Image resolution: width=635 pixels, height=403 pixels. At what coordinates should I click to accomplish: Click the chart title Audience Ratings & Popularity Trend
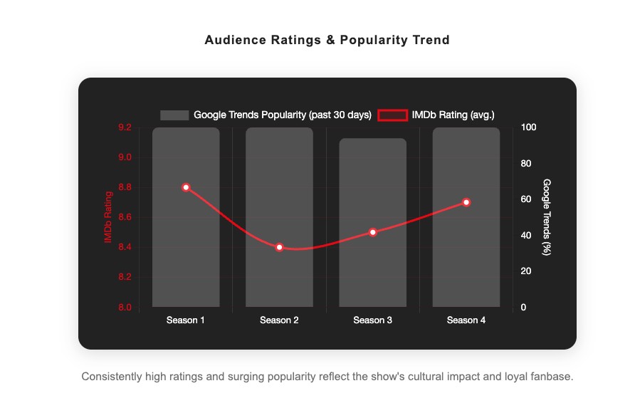[327, 40]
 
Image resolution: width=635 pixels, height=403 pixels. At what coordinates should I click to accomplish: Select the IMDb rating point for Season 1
[186, 187]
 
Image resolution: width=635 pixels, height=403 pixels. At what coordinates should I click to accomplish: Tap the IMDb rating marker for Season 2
[279, 247]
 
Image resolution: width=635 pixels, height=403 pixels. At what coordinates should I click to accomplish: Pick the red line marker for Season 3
[372, 232]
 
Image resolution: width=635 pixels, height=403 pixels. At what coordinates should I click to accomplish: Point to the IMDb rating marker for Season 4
[466, 202]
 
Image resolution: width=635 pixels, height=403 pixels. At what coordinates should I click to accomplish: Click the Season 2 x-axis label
[279, 320]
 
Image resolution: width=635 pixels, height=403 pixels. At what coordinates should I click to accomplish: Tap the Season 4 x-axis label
[466, 320]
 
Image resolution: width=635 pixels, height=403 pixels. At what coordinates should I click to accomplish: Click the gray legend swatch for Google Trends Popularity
[174, 115]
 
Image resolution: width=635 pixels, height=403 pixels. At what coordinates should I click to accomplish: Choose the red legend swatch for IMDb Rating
[392, 115]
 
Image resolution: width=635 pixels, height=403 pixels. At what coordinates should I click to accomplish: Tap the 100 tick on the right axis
[528, 127]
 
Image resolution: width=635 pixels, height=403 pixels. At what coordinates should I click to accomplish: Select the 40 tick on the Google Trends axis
[525, 236]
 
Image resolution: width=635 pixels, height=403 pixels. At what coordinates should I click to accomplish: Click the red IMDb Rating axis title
[108, 217]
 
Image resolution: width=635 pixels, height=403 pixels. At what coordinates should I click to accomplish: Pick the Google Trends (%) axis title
[547, 217]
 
